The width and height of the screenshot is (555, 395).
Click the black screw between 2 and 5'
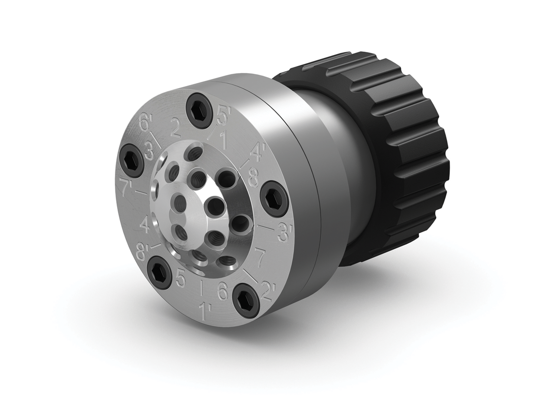pyautogui.click(x=199, y=110)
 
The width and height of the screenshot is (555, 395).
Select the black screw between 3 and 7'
pyautogui.click(x=131, y=160)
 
